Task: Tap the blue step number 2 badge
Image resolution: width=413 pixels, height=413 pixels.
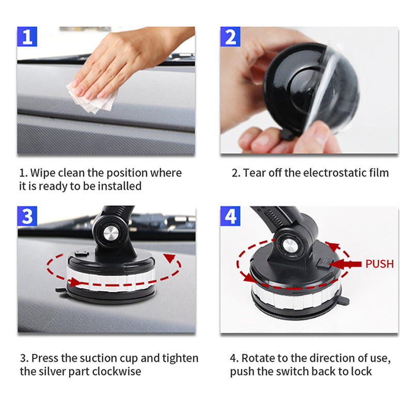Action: click(231, 37)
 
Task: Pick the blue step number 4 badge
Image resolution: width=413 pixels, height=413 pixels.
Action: click(231, 216)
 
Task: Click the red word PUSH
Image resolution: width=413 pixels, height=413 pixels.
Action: click(379, 264)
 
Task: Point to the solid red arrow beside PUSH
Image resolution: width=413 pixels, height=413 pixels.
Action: click(345, 264)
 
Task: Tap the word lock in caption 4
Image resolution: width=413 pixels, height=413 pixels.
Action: click(361, 371)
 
